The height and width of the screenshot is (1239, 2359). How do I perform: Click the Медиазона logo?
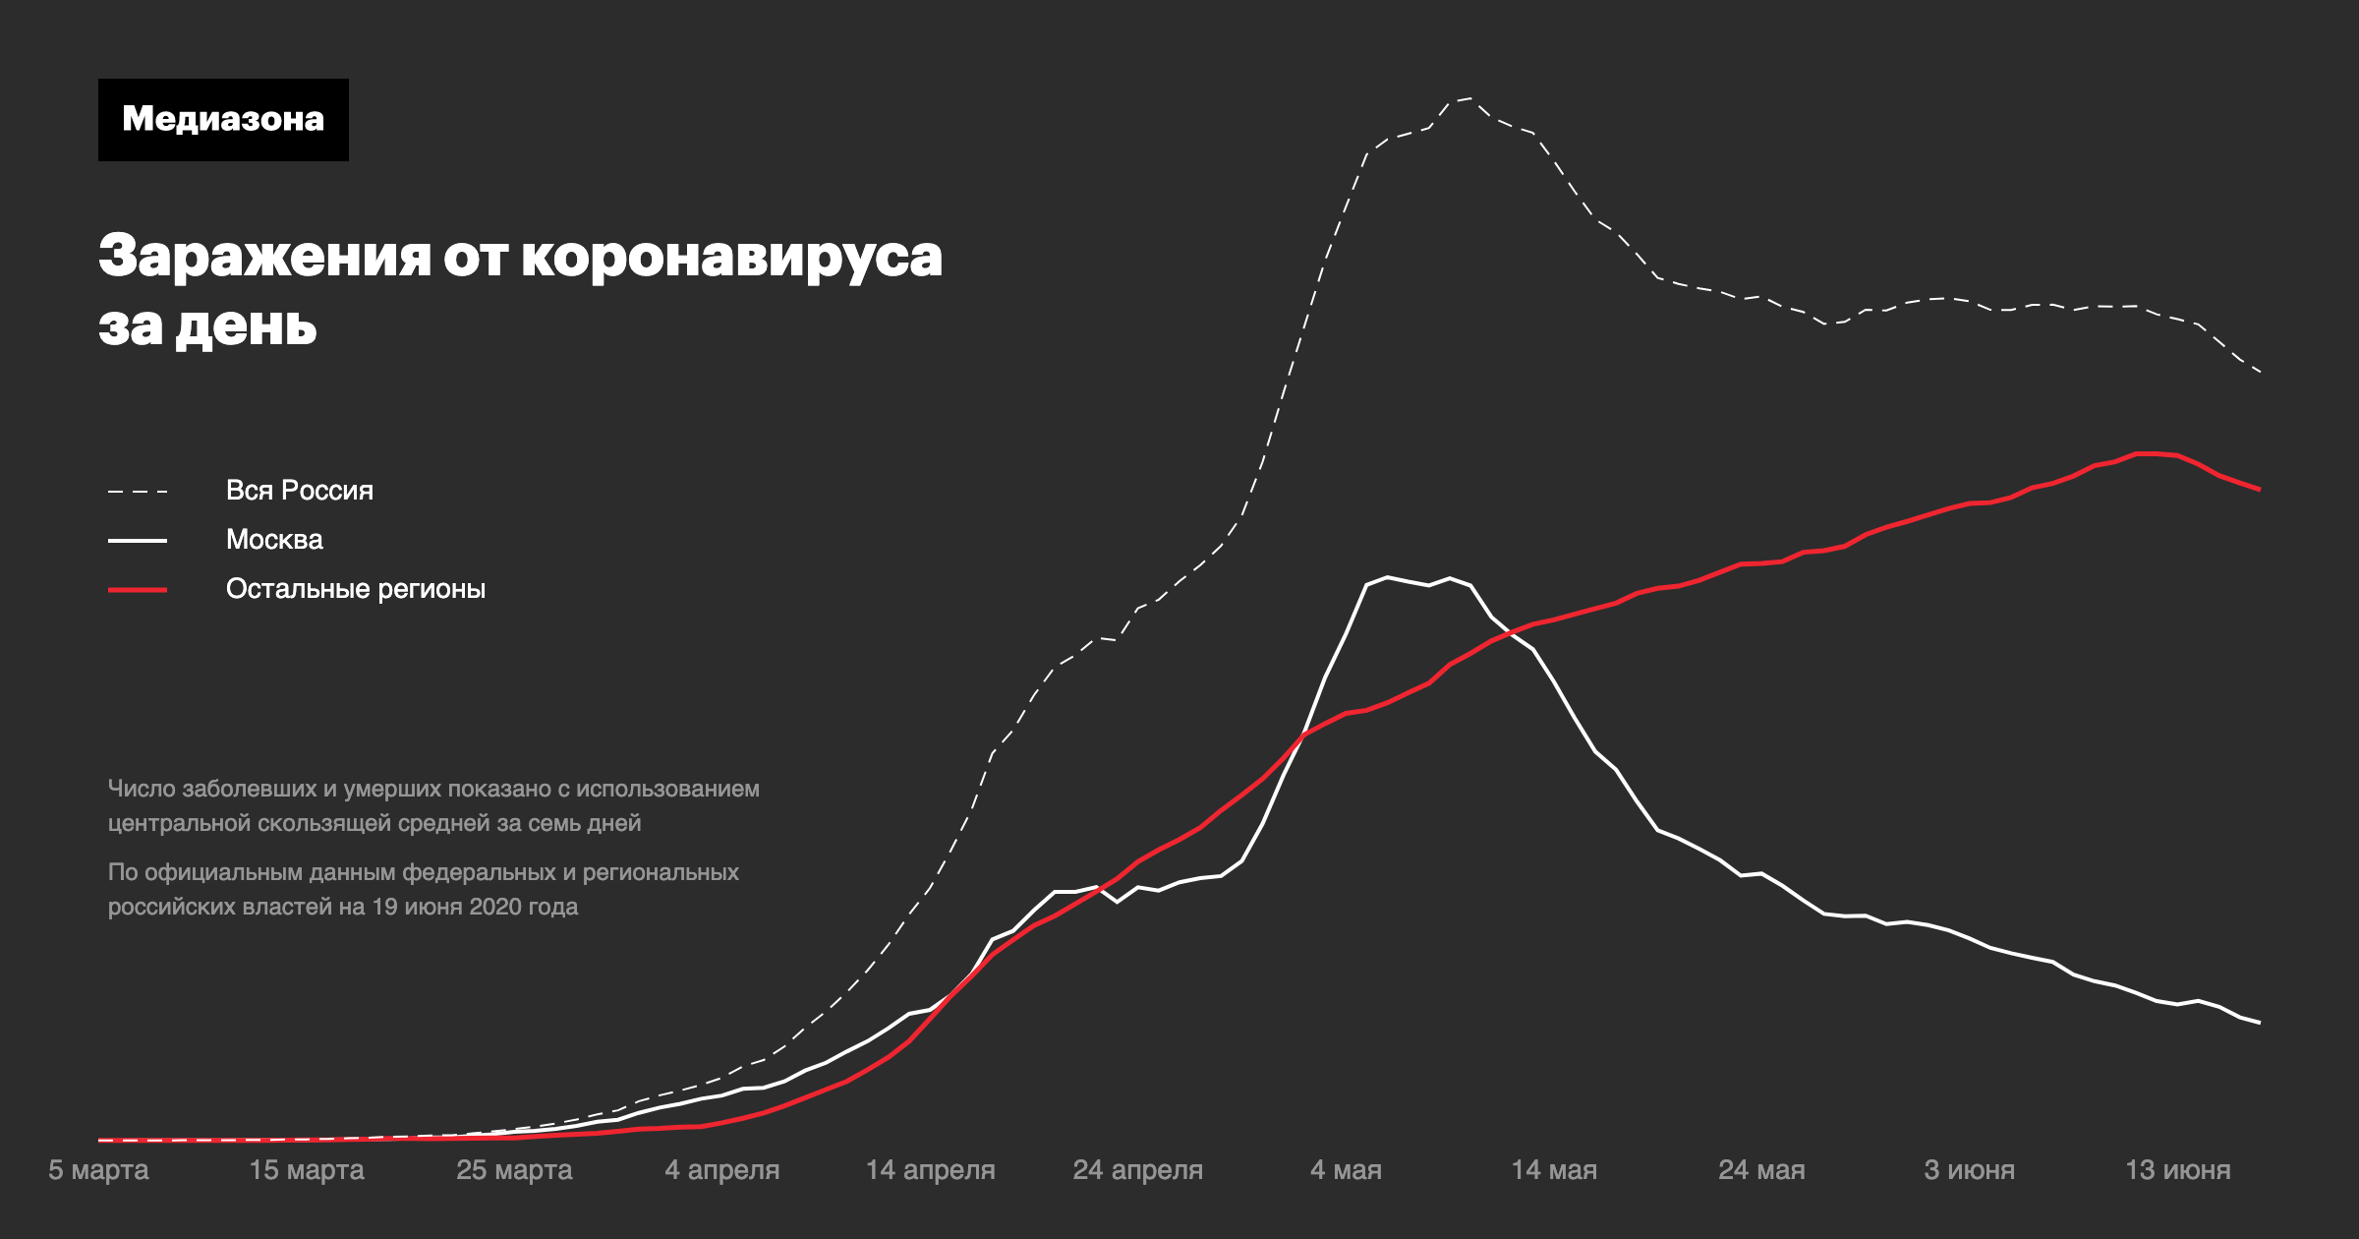click(223, 120)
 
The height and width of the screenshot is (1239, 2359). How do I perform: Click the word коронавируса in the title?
click(731, 257)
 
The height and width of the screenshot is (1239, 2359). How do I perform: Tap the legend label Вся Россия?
click(300, 490)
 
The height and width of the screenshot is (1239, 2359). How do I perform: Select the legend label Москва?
click(274, 539)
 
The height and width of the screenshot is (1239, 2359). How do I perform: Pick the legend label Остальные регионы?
click(356, 588)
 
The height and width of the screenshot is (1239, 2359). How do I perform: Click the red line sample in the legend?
click(138, 589)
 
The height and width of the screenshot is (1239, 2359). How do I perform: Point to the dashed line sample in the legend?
click(138, 491)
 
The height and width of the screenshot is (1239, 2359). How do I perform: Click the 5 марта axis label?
click(98, 1170)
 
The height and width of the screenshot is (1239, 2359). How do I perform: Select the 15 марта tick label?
click(307, 1170)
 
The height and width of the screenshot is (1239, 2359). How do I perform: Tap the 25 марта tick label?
click(514, 1170)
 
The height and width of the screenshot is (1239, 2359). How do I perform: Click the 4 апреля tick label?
click(722, 1170)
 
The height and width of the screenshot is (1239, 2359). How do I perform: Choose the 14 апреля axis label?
click(930, 1170)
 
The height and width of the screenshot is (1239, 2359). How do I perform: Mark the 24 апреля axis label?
click(1138, 1170)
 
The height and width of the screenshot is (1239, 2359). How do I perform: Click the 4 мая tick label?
click(1346, 1170)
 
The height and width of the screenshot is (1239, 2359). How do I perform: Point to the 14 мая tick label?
click(1554, 1170)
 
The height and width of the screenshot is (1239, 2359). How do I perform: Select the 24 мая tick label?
click(1761, 1170)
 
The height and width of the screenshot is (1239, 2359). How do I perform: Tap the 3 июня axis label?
click(1970, 1170)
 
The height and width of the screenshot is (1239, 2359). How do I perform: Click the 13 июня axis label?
click(2178, 1170)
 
